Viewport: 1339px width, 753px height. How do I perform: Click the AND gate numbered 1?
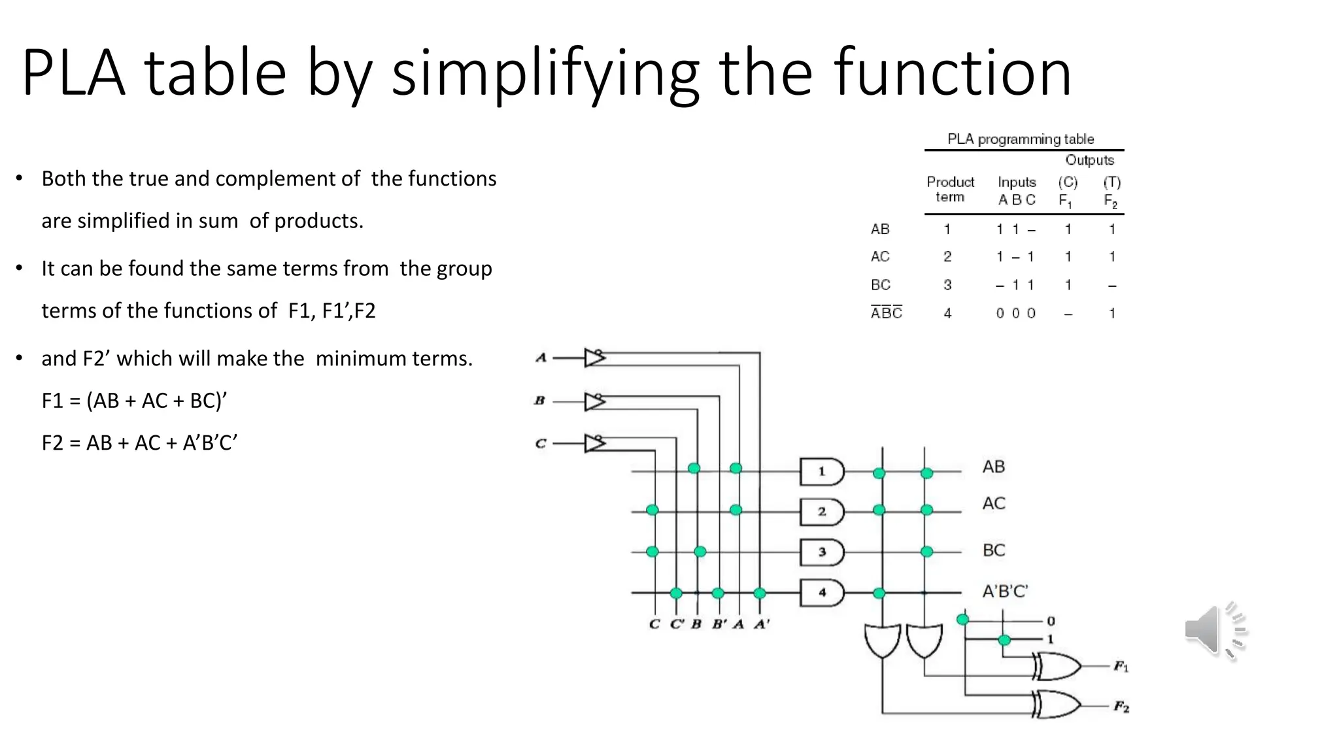click(x=822, y=471)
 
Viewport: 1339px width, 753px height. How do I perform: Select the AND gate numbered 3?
click(x=822, y=552)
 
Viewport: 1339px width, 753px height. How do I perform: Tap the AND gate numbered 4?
click(x=822, y=593)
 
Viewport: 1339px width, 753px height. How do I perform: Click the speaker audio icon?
click(x=1215, y=631)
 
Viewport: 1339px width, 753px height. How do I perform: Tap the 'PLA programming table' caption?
click(x=1020, y=139)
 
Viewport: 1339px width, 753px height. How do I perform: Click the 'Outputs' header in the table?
click(x=1089, y=160)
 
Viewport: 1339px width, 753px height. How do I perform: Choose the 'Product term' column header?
click(x=950, y=190)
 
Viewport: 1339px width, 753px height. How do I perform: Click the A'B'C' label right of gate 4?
click(x=1005, y=592)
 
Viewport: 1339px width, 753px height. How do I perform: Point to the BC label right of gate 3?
click(x=994, y=550)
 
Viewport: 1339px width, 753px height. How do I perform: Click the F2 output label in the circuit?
click(x=1121, y=707)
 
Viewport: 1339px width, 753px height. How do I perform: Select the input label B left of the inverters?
click(x=539, y=401)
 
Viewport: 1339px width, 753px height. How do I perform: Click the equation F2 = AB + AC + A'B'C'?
click(x=139, y=443)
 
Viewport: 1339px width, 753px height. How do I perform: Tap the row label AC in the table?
click(x=880, y=257)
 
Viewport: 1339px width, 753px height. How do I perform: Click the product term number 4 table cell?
click(x=947, y=314)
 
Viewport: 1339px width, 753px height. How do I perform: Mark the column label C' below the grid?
click(x=677, y=624)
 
